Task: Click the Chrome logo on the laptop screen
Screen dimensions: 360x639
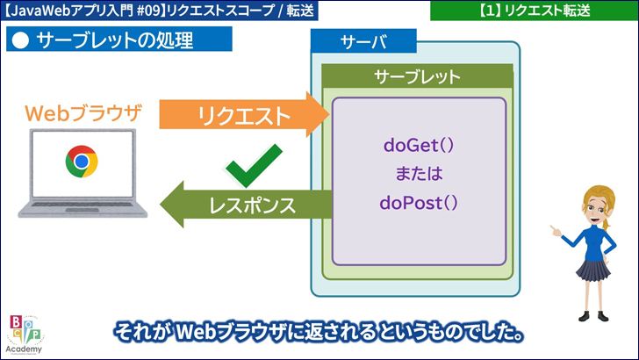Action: tap(82, 161)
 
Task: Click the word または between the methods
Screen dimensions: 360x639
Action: tap(419, 174)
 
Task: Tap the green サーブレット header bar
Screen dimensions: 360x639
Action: tap(417, 76)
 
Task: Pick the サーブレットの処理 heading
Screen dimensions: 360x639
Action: tap(114, 41)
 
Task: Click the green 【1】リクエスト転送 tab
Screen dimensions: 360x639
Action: tap(535, 11)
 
